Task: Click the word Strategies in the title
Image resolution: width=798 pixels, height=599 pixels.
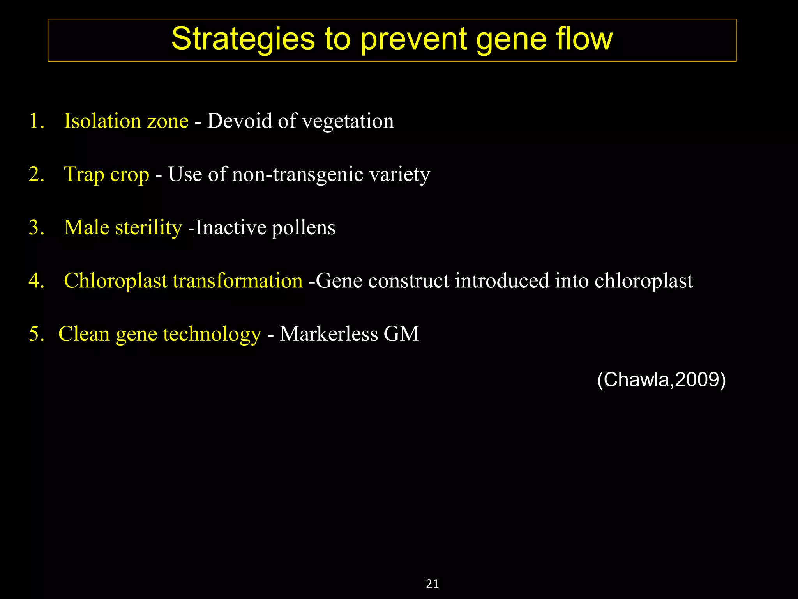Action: click(243, 40)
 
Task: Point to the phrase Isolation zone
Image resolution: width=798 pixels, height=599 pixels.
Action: click(126, 121)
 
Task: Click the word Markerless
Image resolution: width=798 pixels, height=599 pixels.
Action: click(328, 334)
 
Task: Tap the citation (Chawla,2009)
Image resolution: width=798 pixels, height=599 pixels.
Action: click(661, 379)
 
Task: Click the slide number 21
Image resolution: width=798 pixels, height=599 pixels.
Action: click(433, 584)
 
